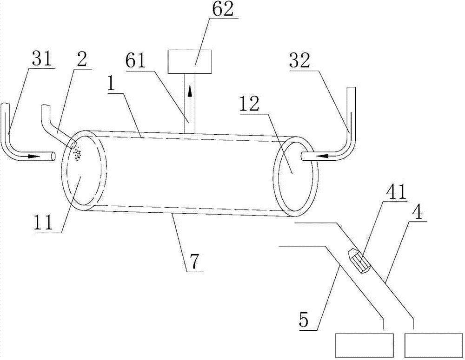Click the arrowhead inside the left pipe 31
tap(34, 157)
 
